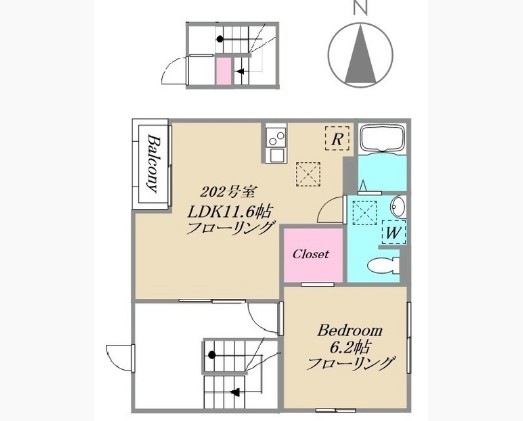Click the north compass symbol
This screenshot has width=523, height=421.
[357, 56]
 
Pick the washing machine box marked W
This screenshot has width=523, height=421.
[392, 233]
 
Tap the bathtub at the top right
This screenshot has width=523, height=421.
[381, 142]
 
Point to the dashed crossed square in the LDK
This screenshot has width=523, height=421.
[310, 175]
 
